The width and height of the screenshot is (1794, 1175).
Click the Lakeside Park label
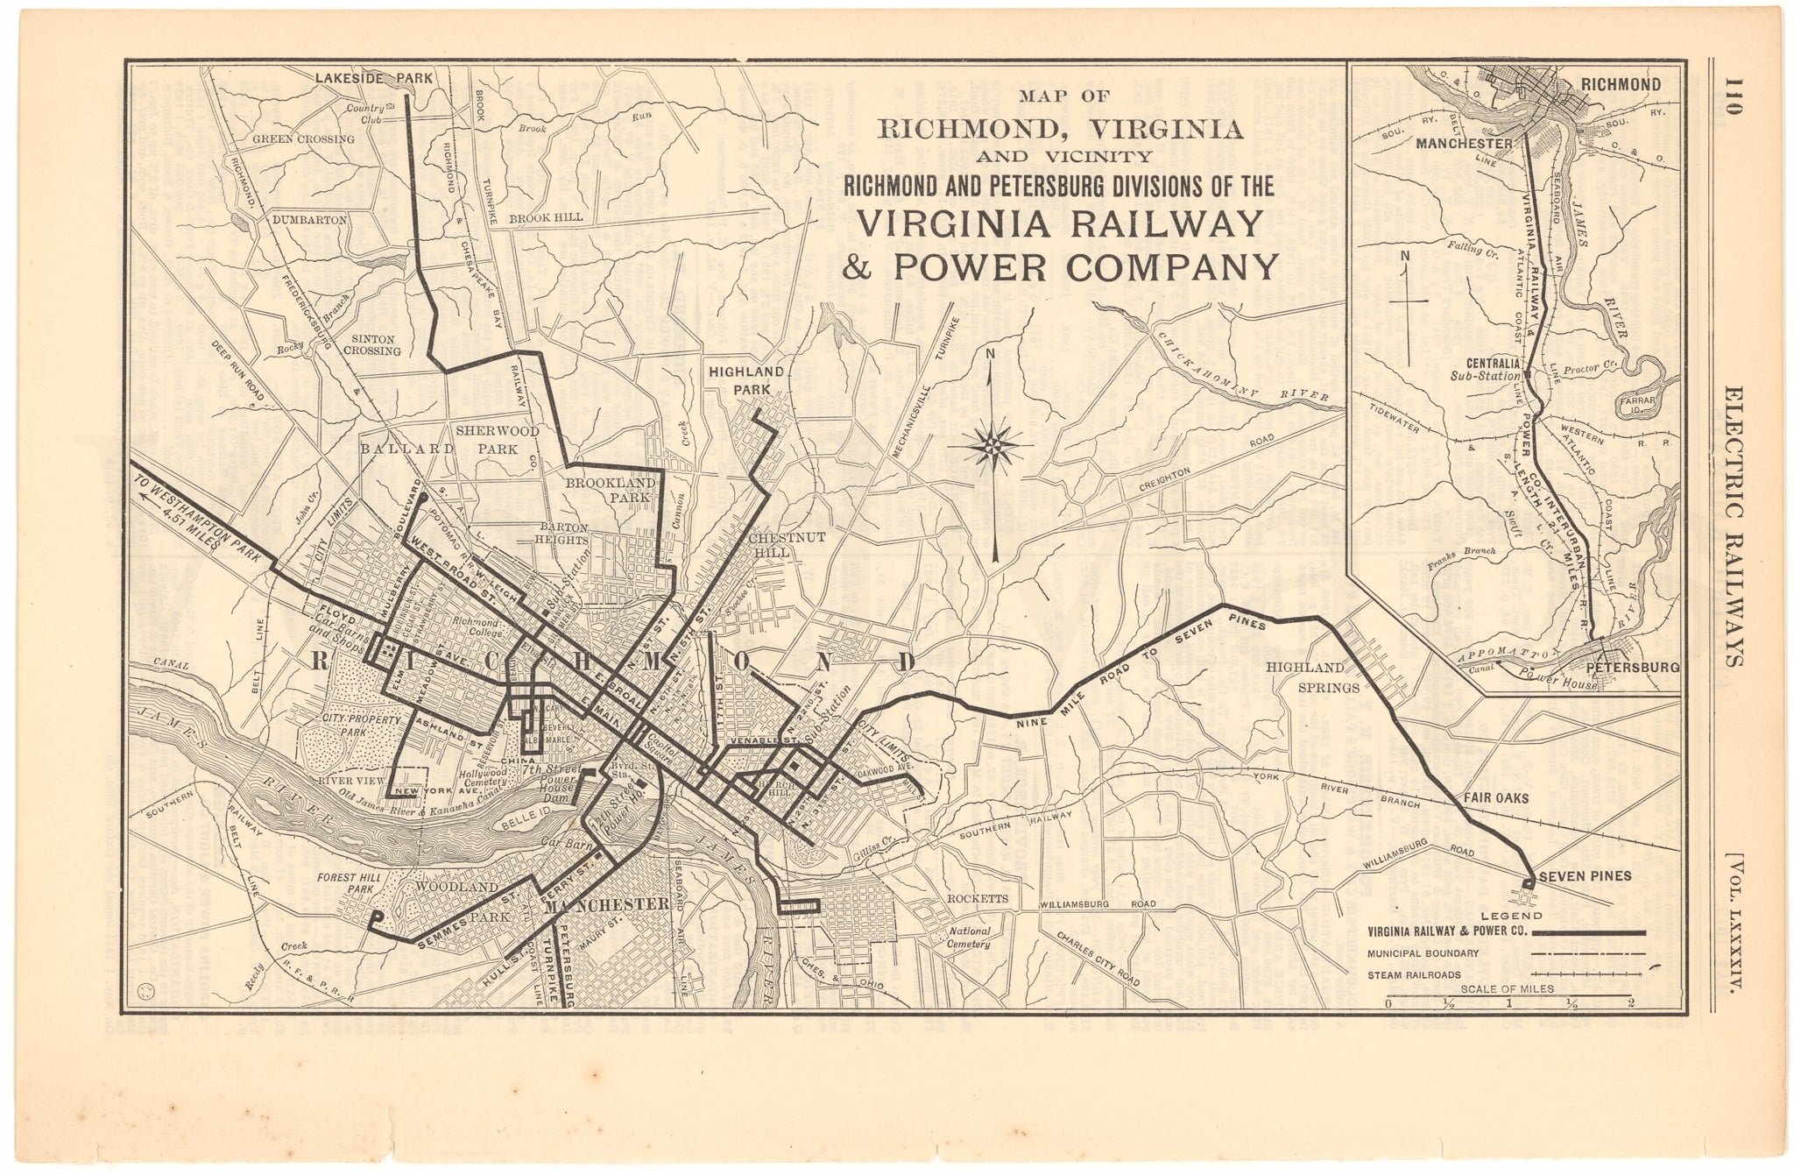[373, 78]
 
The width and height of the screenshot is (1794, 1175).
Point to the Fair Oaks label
[1495, 799]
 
